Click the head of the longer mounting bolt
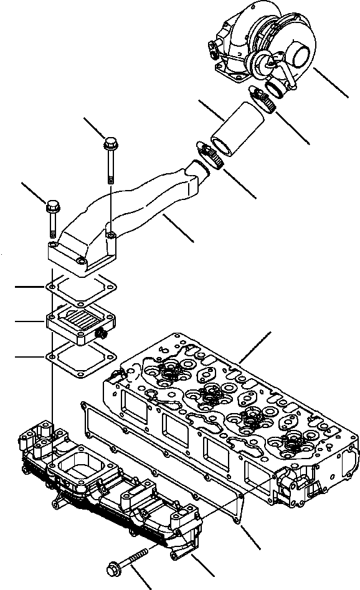[x=110, y=141]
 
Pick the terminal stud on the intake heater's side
[x=99, y=336]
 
